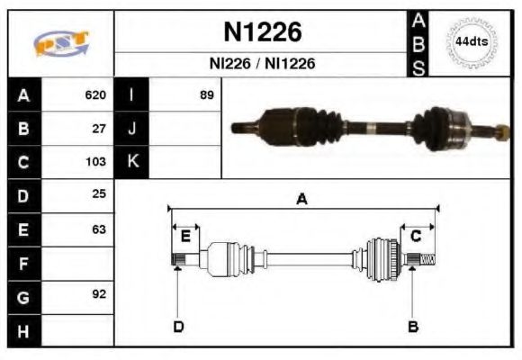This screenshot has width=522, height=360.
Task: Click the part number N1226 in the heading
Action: point(262,31)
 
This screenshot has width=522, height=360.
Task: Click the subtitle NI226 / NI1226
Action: point(262,64)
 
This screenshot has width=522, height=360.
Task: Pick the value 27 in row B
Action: point(99,129)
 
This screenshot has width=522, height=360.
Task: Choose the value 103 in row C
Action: point(95,162)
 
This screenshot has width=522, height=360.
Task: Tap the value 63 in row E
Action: point(99,229)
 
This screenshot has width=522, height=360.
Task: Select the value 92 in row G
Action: point(99,294)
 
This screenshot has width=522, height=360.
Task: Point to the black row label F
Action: point(23,264)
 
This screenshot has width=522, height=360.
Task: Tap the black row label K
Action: point(132,162)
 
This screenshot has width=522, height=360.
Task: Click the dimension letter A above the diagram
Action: point(302,200)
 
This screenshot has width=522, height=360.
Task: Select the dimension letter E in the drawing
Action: point(185,236)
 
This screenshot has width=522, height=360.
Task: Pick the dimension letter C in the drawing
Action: point(417,236)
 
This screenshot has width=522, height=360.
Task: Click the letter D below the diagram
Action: point(178,326)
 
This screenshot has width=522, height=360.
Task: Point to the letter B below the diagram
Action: point(412,326)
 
